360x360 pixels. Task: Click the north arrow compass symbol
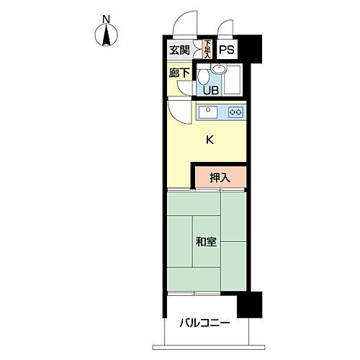click(x=107, y=34)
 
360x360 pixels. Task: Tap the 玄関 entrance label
click(x=180, y=50)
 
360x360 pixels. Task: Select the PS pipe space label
click(x=226, y=50)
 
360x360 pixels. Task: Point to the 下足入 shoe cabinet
click(x=206, y=49)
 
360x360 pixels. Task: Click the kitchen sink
click(x=207, y=112)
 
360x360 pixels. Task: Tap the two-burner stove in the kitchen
click(x=235, y=112)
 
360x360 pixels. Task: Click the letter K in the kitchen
click(x=210, y=140)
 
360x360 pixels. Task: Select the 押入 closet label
click(x=220, y=177)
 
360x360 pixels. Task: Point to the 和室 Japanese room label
click(x=206, y=243)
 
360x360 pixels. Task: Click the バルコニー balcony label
click(x=205, y=323)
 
